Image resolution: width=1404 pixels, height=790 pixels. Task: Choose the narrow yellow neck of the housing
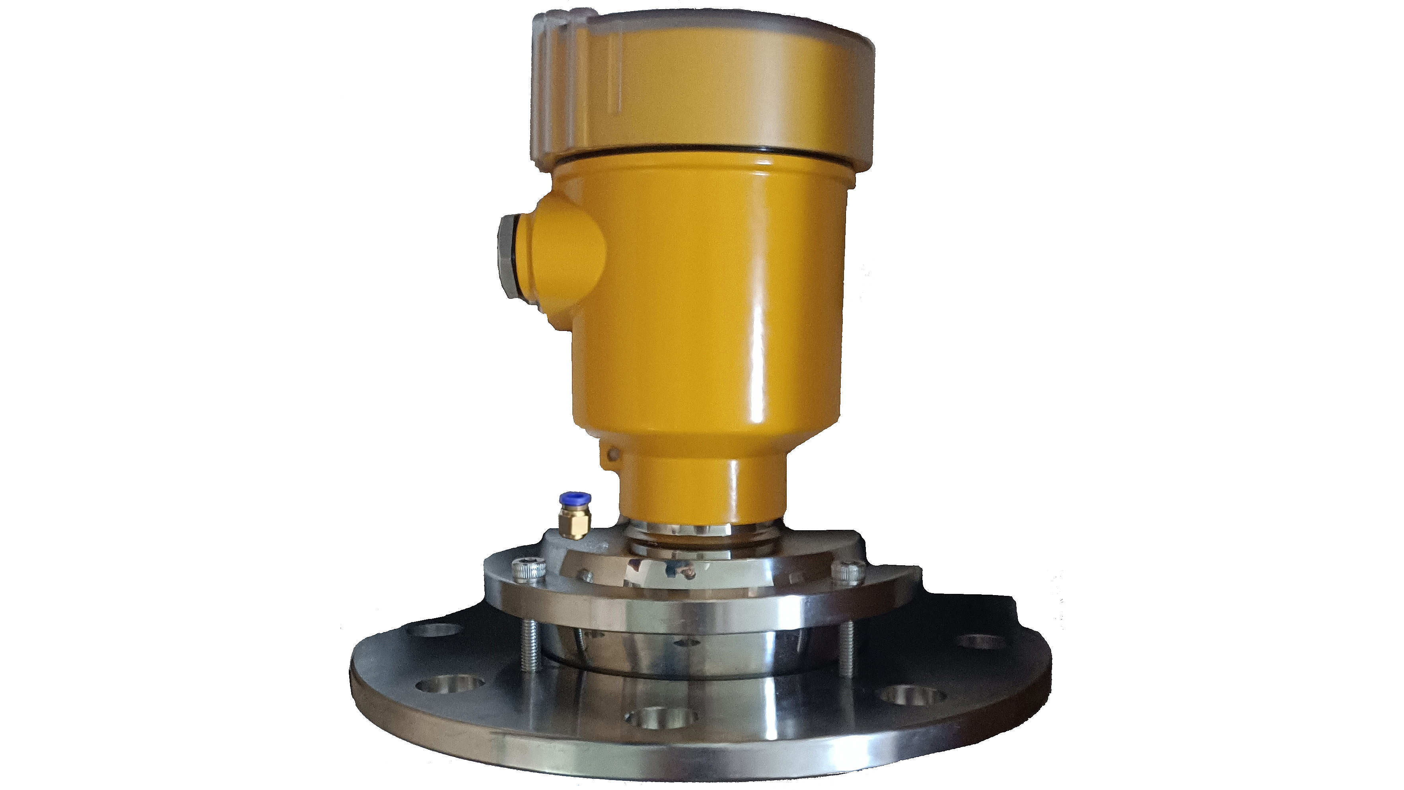[x=703, y=485]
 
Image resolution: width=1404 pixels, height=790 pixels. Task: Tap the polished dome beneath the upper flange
[x=703, y=654]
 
